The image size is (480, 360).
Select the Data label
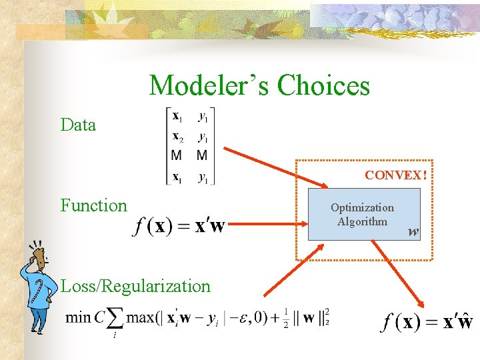pos(78,125)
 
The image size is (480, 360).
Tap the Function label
pos(93,205)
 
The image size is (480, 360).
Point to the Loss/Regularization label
pos(135,286)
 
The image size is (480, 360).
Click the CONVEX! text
pos(395,176)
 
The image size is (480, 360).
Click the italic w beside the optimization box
pos(413,233)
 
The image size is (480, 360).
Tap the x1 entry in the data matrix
pos(179,116)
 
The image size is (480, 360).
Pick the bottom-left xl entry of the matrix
pos(179,177)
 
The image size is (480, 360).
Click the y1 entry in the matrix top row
pos(203,116)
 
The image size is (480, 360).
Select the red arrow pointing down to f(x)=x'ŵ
pos(393,267)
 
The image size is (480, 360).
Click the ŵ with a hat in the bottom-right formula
pos(464,323)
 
